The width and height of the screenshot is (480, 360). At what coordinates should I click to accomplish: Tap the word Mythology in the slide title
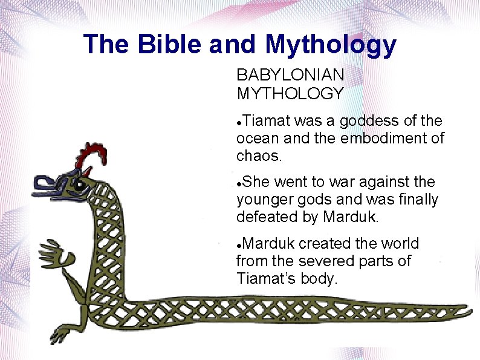pyautogui.click(x=330, y=44)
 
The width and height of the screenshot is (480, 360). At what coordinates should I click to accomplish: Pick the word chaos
pyautogui.click(x=258, y=156)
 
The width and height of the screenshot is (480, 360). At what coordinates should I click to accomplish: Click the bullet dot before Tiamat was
pyautogui.click(x=240, y=122)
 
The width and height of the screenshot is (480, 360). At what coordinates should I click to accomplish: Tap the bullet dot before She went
pyautogui.click(x=240, y=183)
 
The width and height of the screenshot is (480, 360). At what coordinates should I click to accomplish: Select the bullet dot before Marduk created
pyautogui.click(x=240, y=244)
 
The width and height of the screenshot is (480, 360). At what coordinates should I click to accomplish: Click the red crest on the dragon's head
pyautogui.click(x=91, y=154)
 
